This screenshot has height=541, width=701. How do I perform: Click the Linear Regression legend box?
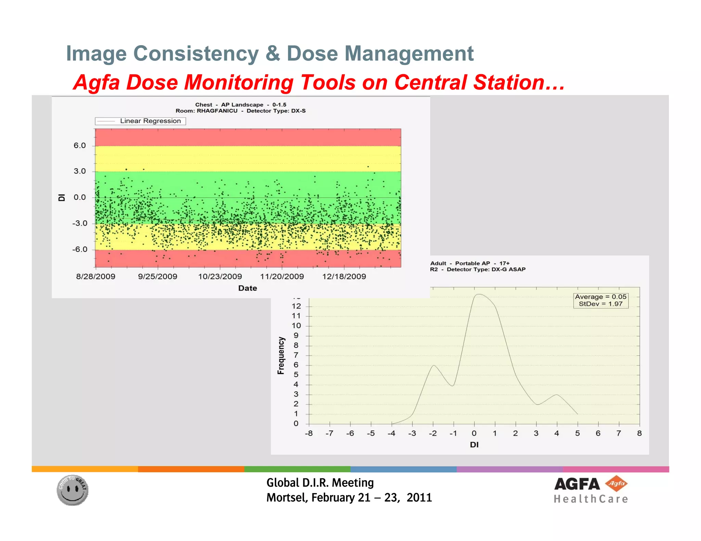click(x=140, y=121)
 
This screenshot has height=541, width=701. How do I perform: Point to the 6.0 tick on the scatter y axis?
click(x=80, y=146)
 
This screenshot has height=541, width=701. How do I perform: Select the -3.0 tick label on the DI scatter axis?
click(x=80, y=223)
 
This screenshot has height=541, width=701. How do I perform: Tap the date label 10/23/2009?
click(x=220, y=277)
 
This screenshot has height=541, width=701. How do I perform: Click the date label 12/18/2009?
click(x=344, y=277)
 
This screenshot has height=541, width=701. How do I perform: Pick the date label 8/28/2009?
click(x=95, y=277)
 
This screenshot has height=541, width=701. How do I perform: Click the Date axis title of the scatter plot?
click(x=247, y=288)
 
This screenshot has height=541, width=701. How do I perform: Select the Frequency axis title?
click(x=281, y=356)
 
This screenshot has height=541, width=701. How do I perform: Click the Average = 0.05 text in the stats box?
click(x=601, y=297)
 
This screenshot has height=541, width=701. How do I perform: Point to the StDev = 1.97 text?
click(x=601, y=304)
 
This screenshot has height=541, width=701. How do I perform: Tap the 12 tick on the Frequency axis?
click(x=296, y=306)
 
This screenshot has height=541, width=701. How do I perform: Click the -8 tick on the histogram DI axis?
click(x=309, y=434)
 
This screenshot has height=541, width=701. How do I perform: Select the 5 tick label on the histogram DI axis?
click(x=577, y=434)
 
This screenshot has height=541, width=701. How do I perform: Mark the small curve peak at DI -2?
click(x=433, y=366)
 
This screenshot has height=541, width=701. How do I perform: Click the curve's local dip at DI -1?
click(x=453, y=386)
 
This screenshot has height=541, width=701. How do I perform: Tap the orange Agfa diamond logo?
click(x=616, y=484)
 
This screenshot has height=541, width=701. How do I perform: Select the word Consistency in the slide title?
click(x=196, y=54)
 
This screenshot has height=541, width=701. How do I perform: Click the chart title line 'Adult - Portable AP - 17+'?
click(x=470, y=263)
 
